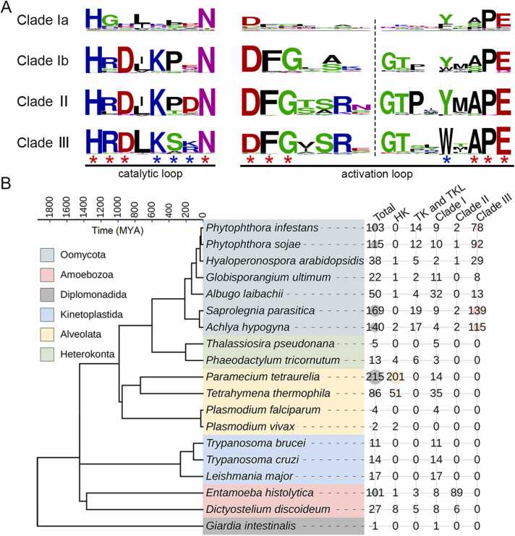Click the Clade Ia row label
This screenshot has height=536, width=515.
pyautogui.click(x=43, y=21)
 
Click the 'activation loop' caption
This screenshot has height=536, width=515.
pyautogui.click(x=376, y=174)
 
